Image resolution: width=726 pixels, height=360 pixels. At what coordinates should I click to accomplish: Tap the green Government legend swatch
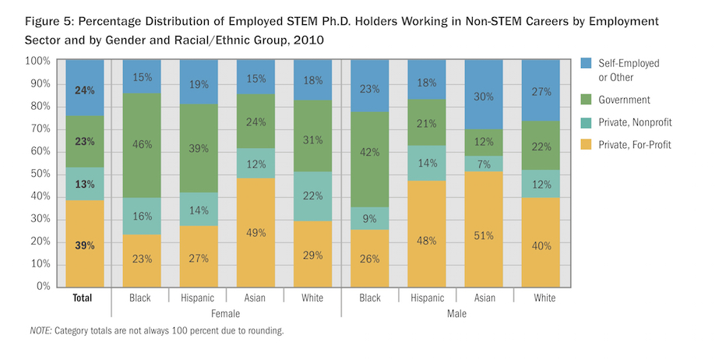tap(588, 100)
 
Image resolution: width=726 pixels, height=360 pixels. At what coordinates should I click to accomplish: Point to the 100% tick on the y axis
tap(39, 61)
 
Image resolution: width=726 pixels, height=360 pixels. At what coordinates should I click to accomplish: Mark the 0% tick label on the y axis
tap(44, 287)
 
